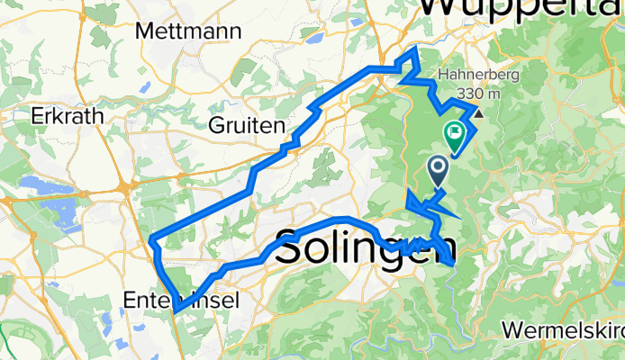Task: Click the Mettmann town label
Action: pyautogui.click(x=188, y=31)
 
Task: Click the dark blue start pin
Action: pyautogui.click(x=438, y=169)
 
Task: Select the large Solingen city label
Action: pyautogui.click(x=364, y=248)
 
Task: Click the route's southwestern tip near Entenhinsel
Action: pyautogui.click(x=176, y=310)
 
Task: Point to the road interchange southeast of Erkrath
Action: pyautogui.click(x=123, y=187)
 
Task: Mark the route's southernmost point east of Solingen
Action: pyautogui.click(x=450, y=263)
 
